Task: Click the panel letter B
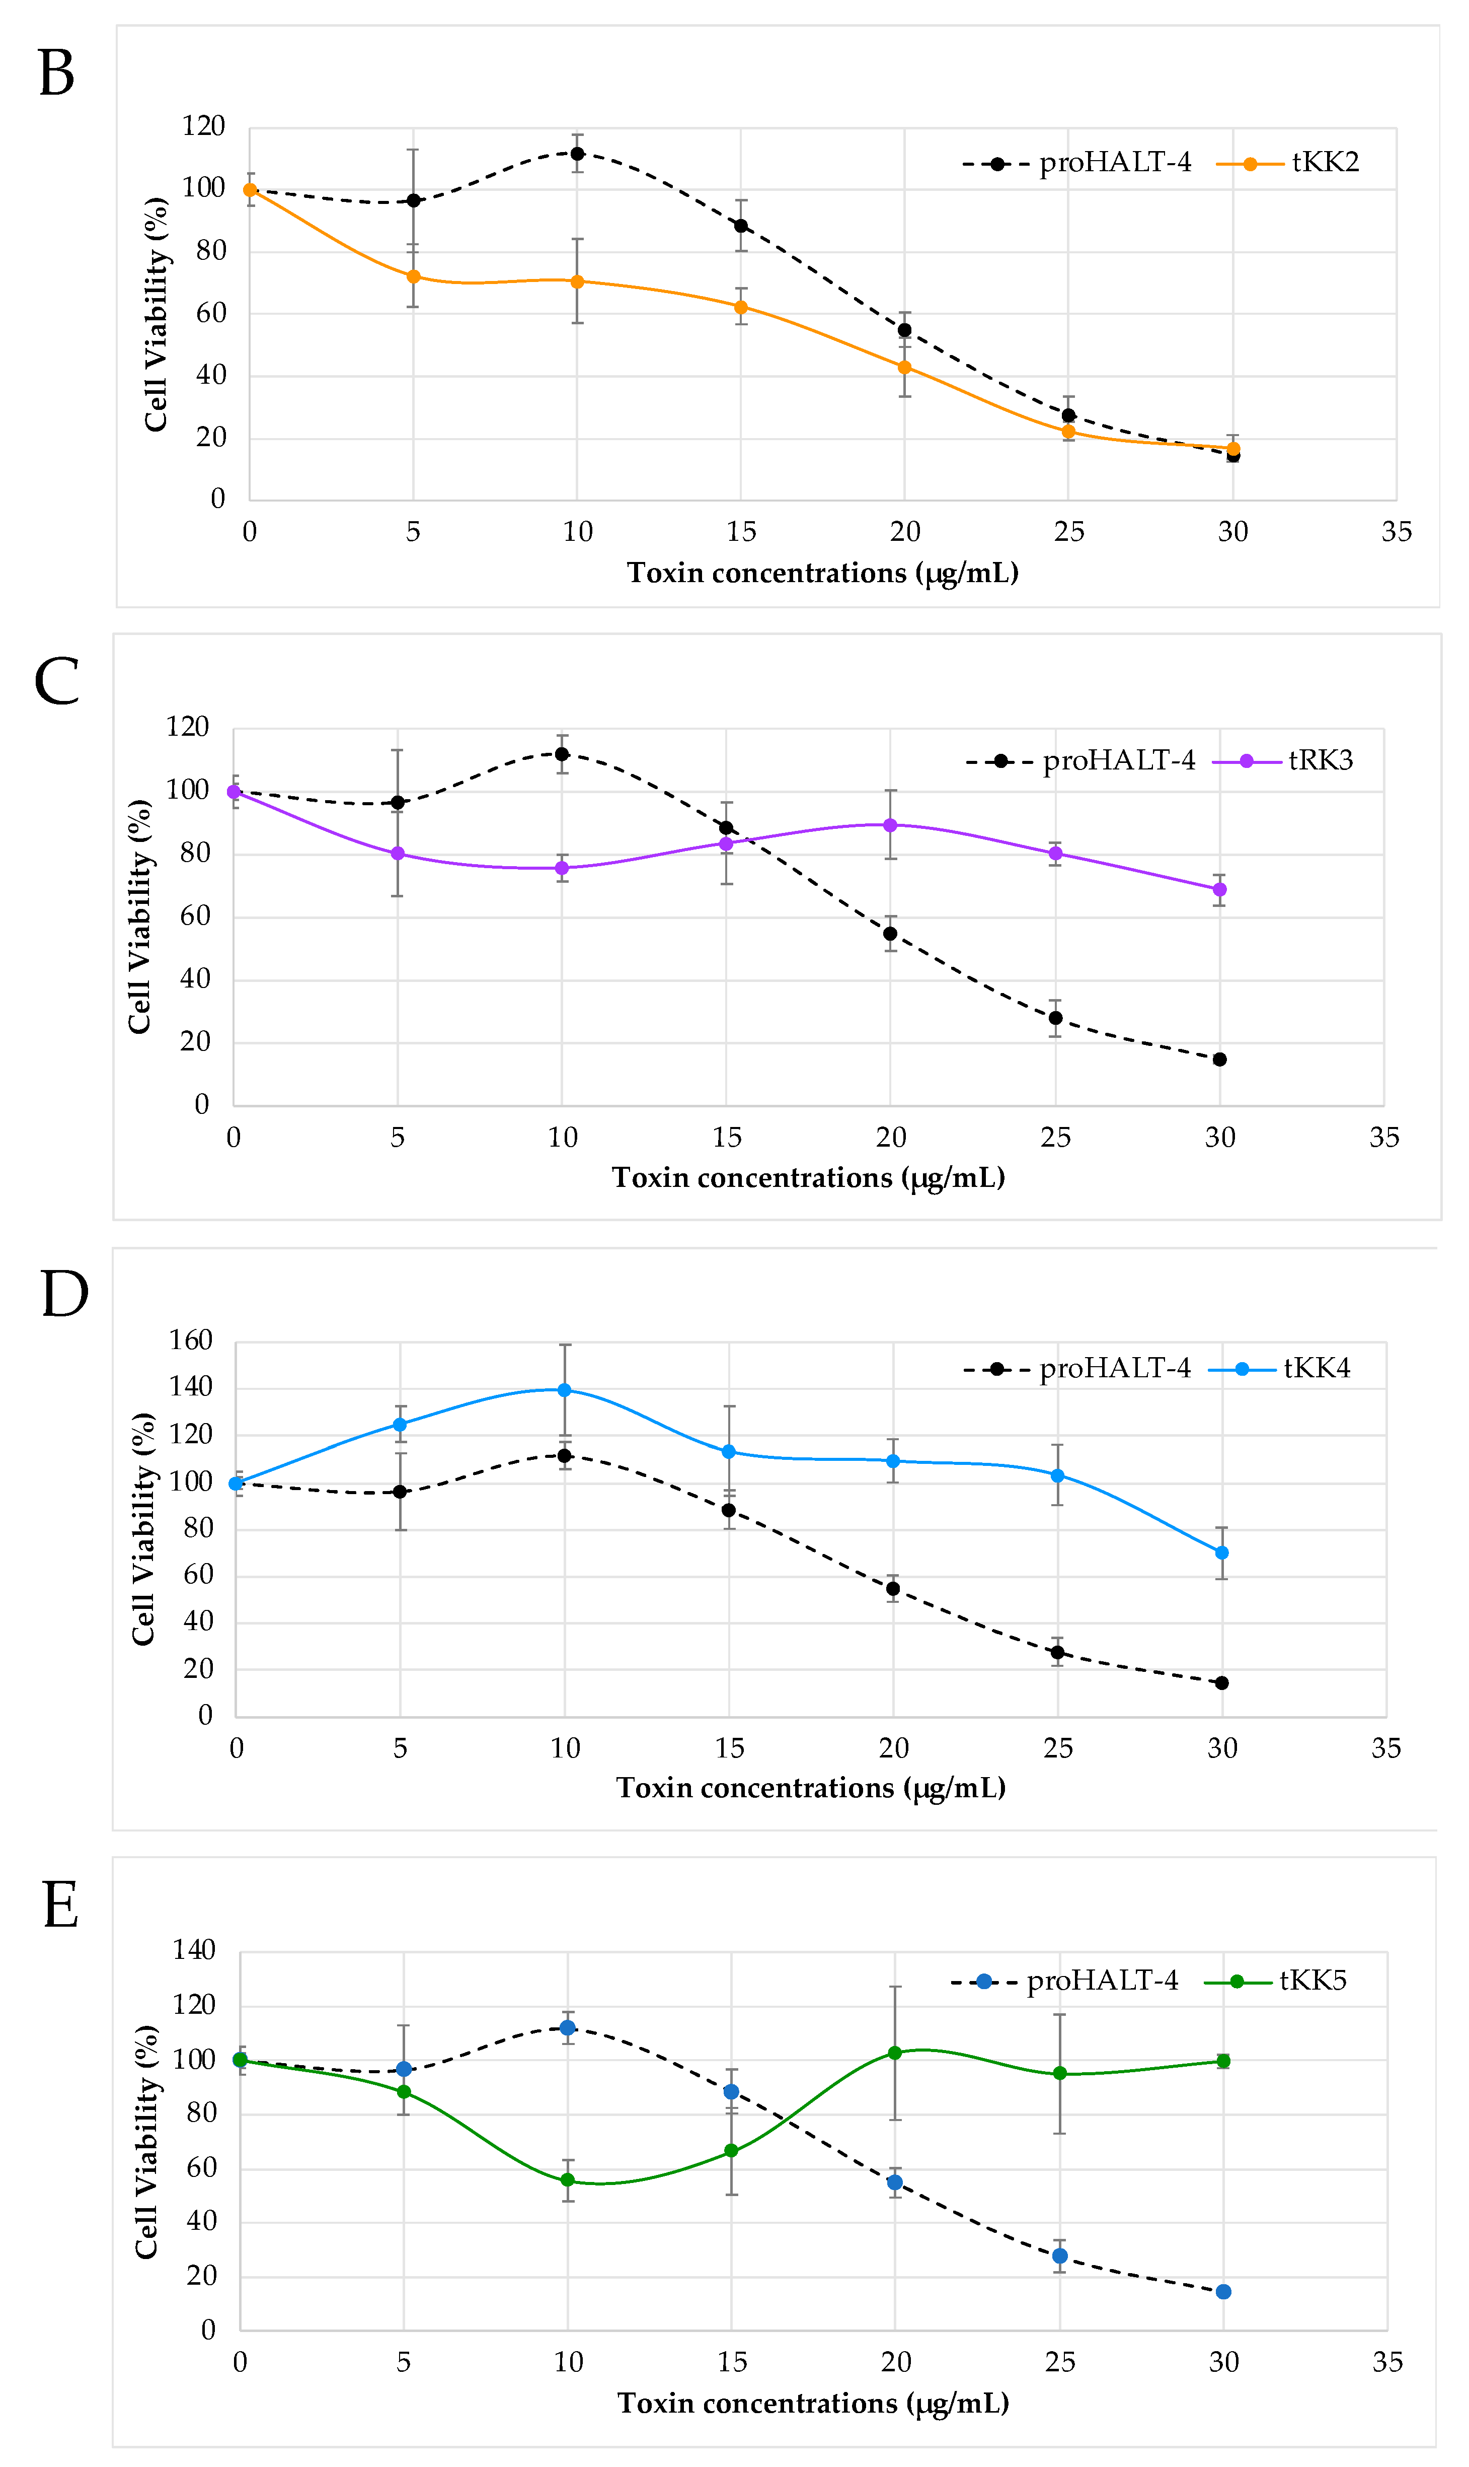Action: [x=56, y=75]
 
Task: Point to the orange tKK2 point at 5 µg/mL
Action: [x=414, y=276]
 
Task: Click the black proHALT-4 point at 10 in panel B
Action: [x=577, y=154]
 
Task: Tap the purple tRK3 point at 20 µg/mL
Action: [x=890, y=825]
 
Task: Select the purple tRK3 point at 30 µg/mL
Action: [x=1219, y=889]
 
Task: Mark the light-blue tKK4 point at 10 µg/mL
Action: [x=564, y=1389]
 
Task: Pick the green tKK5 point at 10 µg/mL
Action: [x=567, y=2180]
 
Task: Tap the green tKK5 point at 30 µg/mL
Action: [x=1223, y=2061]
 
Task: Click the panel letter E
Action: [x=60, y=1906]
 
